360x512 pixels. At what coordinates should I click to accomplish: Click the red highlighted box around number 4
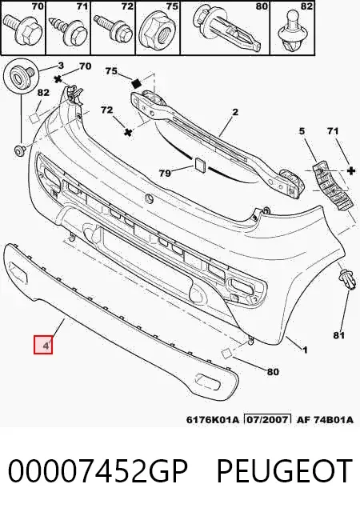[43, 345]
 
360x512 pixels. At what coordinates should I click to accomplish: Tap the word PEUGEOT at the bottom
[285, 471]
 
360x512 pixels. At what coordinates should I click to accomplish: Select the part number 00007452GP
[98, 471]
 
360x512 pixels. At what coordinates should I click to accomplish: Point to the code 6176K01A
[214, 419]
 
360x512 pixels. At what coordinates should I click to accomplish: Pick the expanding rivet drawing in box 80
[228, 30]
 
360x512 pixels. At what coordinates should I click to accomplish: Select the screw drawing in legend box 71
[68, 30]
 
